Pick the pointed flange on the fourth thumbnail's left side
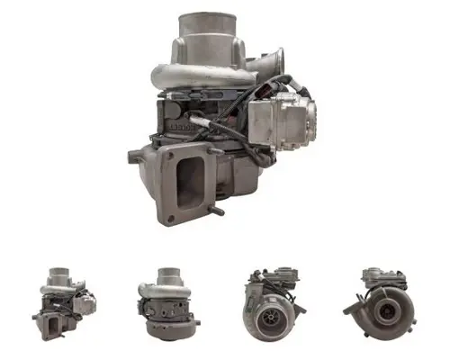pyautogui.click(x=347, y=306)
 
